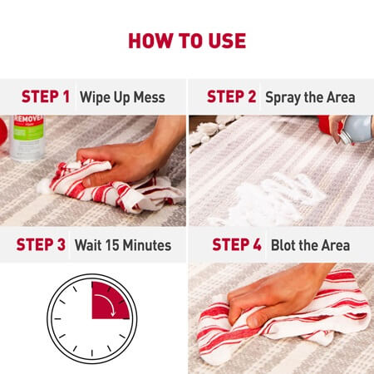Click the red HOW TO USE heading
click(187, 42)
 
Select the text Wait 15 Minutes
click(123, 245)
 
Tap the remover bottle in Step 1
click(27, 137)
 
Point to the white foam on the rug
click(266, 199)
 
